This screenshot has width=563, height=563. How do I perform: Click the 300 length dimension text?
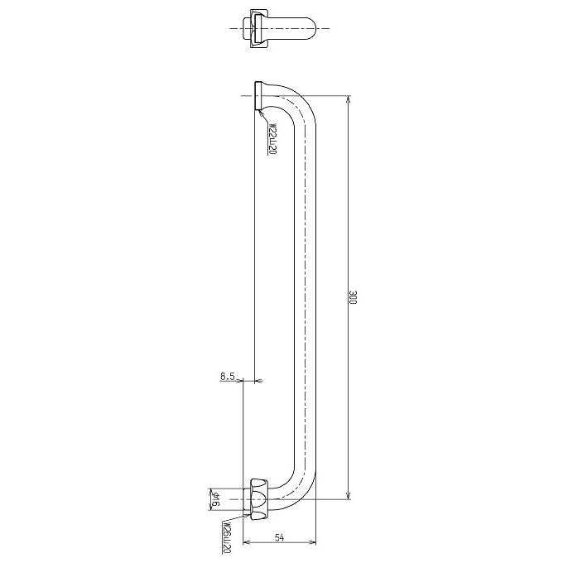pyautogui.click(x=353, y=298)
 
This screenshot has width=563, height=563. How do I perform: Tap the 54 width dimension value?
pyautogui.click(x=279, y=538)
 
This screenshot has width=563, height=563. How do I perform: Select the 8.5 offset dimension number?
pyautogui.click(x=228, y=376)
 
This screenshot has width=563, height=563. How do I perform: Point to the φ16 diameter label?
pyautogui.click(x=214, y=498)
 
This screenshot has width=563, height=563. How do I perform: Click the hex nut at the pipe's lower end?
pyautogui.click(x=258, y=498)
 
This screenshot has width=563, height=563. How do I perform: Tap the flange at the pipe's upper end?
pyautogui.click(x=258, y=96)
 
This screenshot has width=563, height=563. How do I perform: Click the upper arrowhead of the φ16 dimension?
pyautogui.click(x=214, y=488)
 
